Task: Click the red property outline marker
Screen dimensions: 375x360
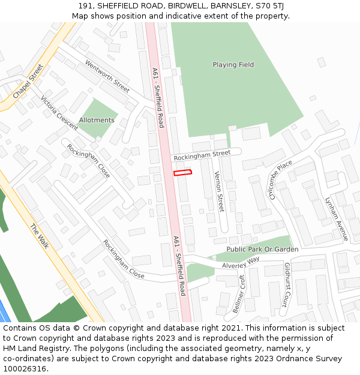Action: [182, 173]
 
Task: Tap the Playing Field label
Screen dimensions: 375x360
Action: [233, 65]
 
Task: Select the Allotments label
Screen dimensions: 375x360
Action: [97, 120]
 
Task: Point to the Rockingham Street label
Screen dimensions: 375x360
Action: [201, 156]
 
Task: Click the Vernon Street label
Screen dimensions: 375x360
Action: [219, 191]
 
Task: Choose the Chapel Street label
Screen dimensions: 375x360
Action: [28, 81]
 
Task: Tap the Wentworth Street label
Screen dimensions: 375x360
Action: [107, 76]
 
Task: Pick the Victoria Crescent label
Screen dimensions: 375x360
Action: [59, 112]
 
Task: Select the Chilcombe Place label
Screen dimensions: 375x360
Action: [280, 179]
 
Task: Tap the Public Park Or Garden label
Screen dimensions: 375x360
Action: [262, 249]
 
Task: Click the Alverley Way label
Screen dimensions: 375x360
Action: [241, 262]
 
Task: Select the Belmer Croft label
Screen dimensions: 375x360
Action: [239, 295]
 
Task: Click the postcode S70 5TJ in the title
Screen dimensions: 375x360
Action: [269, 6]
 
